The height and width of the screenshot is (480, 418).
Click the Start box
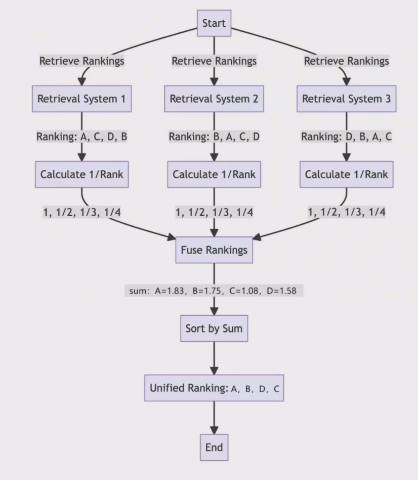tap(214, 23)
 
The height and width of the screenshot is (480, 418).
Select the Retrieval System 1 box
tap(81, 99)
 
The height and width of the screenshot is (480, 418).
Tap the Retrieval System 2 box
tap(214, 99)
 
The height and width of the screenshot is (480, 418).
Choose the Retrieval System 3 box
tap(346, 99)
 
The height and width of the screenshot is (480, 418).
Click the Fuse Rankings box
tap(214, 250)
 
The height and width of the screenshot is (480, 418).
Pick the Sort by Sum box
tap(214, 328)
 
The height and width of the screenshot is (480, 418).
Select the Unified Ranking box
tap(214, 388)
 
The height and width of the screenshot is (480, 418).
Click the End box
tap(214, 447)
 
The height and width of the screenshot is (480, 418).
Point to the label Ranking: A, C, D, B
tap(81, 137)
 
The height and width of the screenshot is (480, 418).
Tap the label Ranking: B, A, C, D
tap(214, 137)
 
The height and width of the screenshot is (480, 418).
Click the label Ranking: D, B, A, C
tap(346, 137)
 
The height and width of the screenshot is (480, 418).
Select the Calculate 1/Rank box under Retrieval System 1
tap(81, 175)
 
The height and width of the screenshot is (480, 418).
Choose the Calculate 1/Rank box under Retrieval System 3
tap(346, 175)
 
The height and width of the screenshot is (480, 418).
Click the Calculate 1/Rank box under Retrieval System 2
tap(214, 175)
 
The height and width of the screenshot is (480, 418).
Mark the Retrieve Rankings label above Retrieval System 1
tap(81, 61)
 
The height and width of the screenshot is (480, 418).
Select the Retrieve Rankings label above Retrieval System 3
tap(346, 61)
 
